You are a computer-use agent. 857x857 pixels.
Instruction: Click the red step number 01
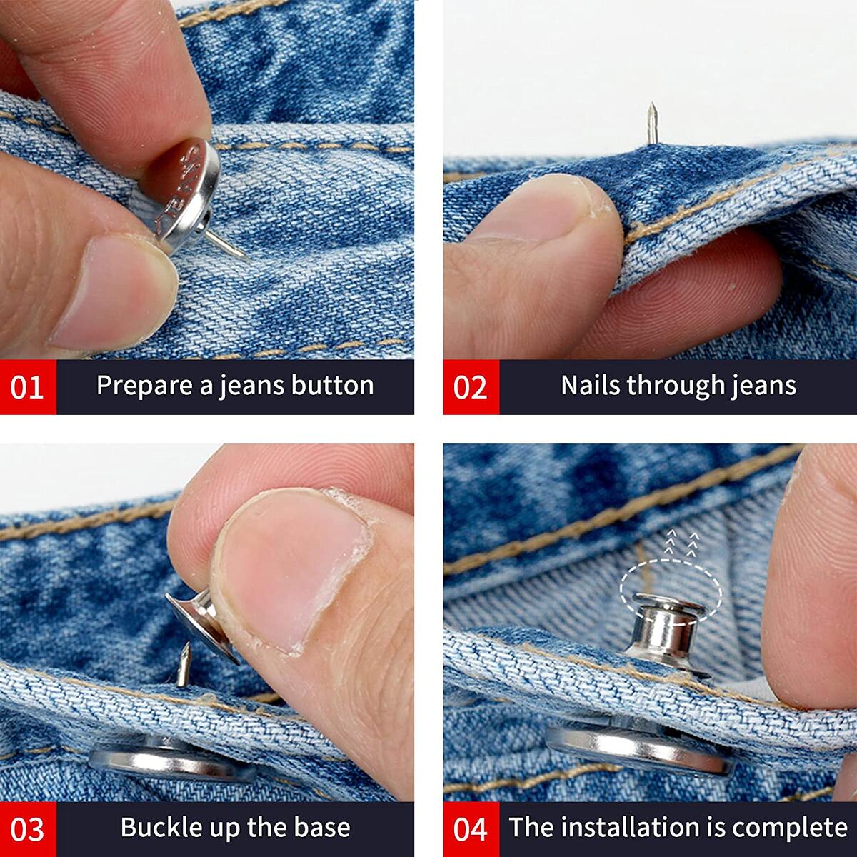coord(27,386)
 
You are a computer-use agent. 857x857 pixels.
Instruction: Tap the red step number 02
coord(470,386)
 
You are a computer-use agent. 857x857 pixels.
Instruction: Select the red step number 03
coord(27,829)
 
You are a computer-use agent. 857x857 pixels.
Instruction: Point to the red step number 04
coord(470,829)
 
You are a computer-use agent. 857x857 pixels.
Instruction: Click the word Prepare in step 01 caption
coord(144,386)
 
